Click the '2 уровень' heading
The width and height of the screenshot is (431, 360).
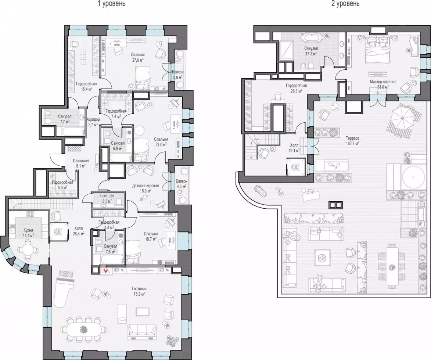click(345, 4)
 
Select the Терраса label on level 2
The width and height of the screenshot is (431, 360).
click(353, 138)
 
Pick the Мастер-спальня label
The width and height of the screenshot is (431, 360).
click(383, 82)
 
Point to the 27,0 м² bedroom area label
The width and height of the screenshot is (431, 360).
click(138, 60)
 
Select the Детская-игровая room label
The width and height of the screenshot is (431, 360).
click(142, 186)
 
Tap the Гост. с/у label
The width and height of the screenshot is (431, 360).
click(108, 196)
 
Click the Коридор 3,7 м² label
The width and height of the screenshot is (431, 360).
click(93, 122)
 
